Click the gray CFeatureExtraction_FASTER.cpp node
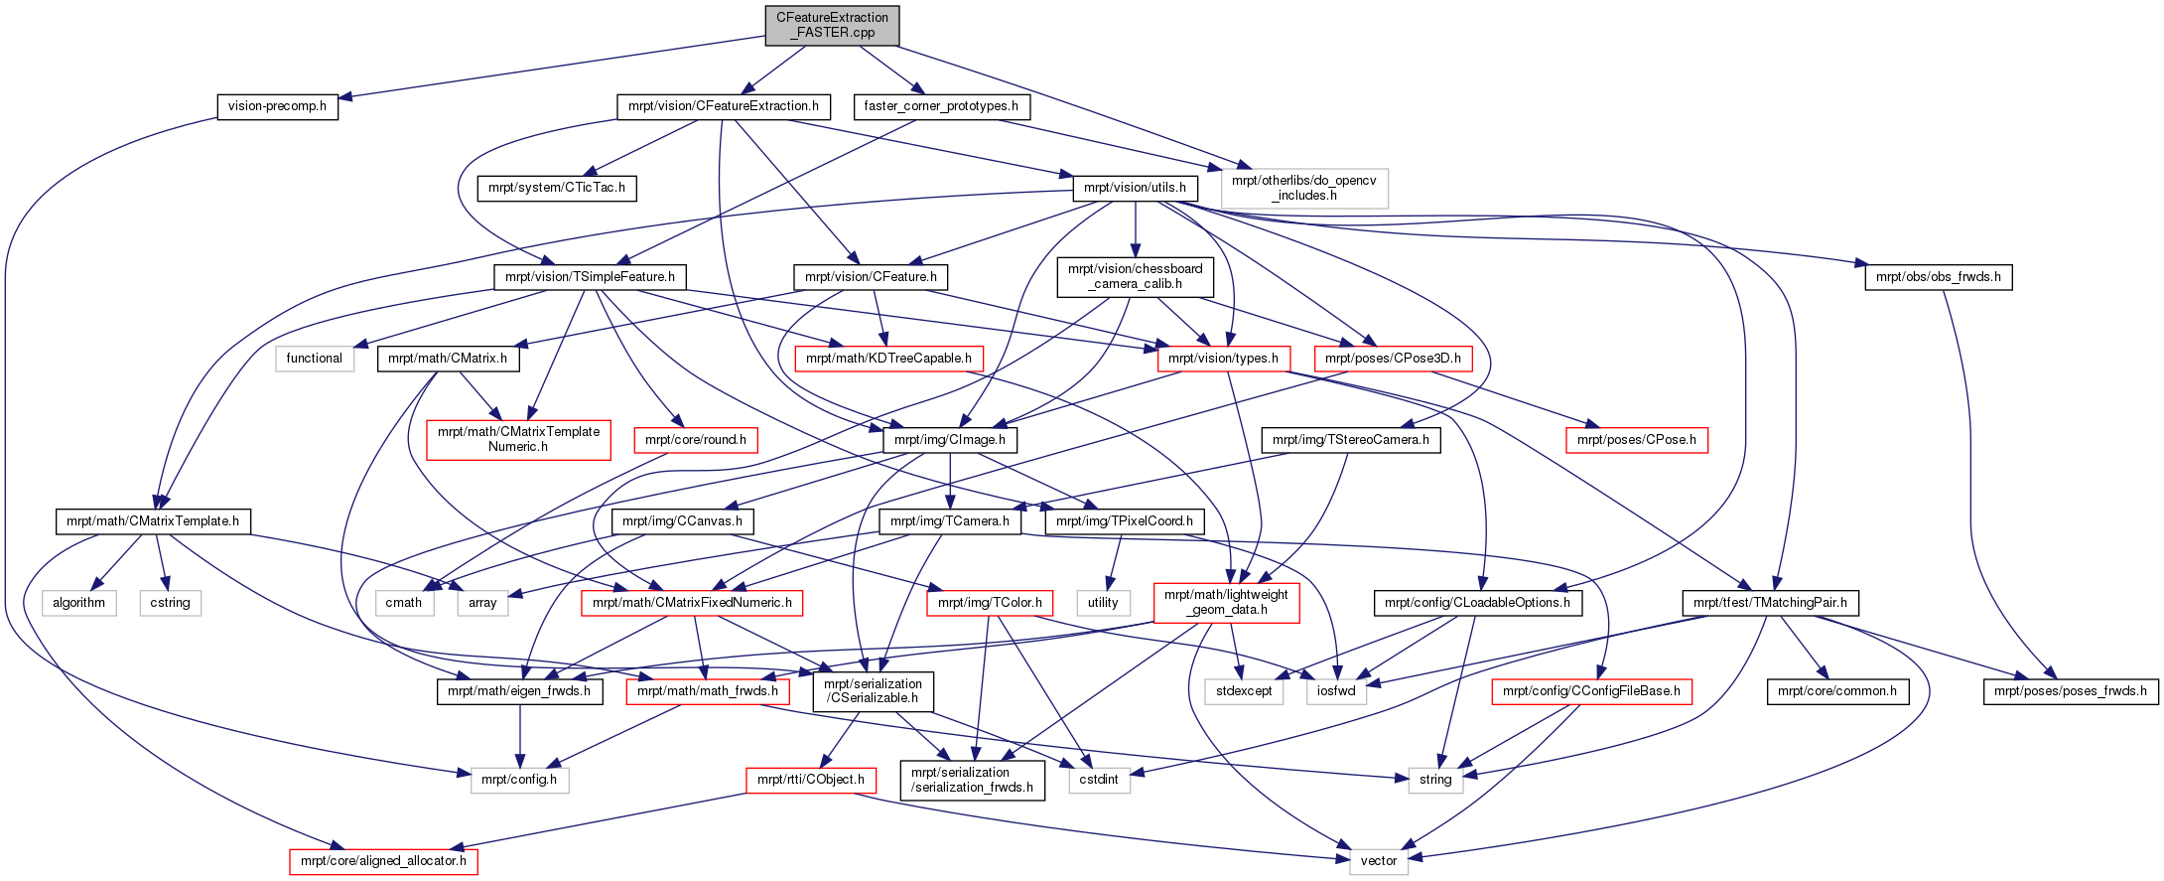(x=832, y=25)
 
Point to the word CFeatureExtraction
(x=832, y=17)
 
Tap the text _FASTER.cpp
(x=832, y=33)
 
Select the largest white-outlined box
(x=1304, y=189)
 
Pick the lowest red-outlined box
(x=383, y=862)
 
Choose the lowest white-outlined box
(x=1379, y=862)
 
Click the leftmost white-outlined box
(x=79, y=603)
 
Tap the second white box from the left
(x=171, y=603)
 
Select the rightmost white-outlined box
(x=1435, y=781)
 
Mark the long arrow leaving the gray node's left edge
(x=546, y=68)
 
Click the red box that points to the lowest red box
(x=811, y=781)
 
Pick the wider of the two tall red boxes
(x=518, y=440)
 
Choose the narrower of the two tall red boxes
(x=1227, y=603)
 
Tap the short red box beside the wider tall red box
(x=695, y=440)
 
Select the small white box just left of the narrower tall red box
(x=1104, y=603)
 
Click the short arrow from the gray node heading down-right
(x=891, y=70)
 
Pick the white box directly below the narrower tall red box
(x=1244, y=691)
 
